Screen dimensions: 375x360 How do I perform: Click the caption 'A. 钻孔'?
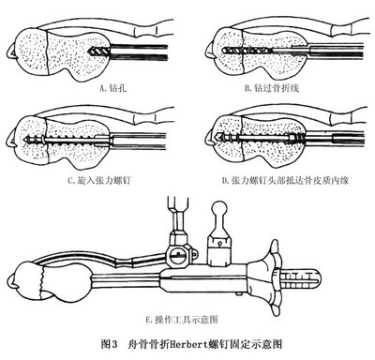tap(112, 88)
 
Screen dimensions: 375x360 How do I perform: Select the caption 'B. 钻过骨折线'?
tap(272, 88)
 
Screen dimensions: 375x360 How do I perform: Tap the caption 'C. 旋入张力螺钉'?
tap(98, 180)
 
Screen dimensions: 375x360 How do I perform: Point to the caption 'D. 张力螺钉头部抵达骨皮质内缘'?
tap(285, 180)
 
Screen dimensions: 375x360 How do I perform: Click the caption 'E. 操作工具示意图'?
tap(182, 320)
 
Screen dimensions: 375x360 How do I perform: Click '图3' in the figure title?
tap(110, 344)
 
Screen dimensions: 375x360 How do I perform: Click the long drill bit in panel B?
tap(247, 50)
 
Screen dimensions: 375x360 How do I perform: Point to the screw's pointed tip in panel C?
tap(25, 138)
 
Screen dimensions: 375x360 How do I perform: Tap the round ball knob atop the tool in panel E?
tap(221, 208)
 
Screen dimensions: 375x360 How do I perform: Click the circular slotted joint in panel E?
tap(178, 256)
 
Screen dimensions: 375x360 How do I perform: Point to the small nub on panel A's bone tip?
tap(10, 52)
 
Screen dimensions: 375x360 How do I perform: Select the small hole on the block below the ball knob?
tap(220, 243)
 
